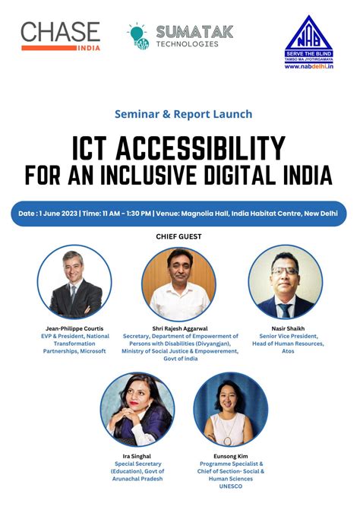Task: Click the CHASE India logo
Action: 60,36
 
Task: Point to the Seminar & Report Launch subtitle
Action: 183,114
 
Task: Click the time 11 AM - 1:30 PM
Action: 121,214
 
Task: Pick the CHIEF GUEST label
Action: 179,236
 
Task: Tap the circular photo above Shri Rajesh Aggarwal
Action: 179,284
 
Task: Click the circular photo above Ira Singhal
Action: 137,408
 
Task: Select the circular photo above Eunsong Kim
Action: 231,408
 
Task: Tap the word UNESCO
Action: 231,486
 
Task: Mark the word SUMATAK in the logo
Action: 194,30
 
